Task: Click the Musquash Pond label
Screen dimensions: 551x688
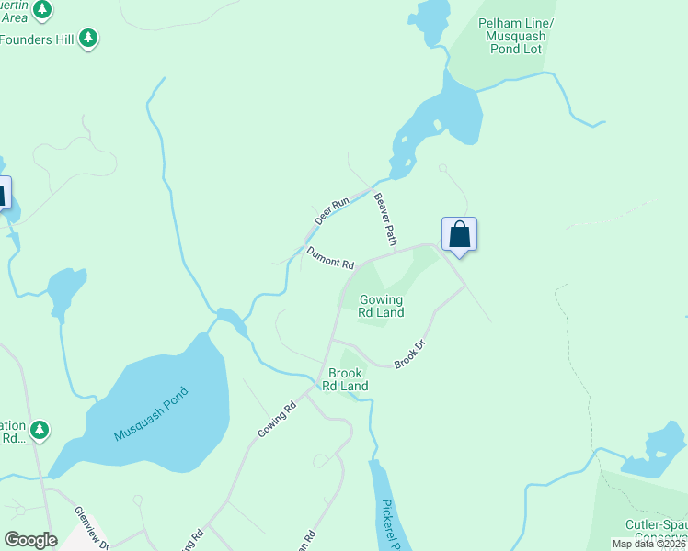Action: pyautogui.click(x=151, y=414)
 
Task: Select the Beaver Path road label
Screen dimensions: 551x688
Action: pyautogui.click(x=384, y=219)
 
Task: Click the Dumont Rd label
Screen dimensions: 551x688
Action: pyautogui.click(x=330, y=257)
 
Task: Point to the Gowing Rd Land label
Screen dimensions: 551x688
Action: pyautogui.click(x=382, y=306)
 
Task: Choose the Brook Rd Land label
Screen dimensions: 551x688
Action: pyautogui.click(x=345, y=380)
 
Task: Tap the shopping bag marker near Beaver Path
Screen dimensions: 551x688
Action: pyautogui.click(x=460, y=235)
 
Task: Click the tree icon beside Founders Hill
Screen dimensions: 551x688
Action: pyautogui.click(x=87, y=38)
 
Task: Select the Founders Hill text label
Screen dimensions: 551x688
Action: pyautogui.click(x=37, y=39)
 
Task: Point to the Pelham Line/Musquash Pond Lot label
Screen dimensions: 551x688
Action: pyautogui.click(x=512, y=36)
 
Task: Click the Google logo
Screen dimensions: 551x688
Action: pyautogui.click(x=30, y=540)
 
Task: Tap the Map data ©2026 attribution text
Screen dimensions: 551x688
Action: pyautogui.click(x=648, y=544)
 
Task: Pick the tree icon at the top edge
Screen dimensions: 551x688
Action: pyautogui.click(x=42, y=10)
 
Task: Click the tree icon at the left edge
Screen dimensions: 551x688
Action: pyautogui.click(x=39, y=430)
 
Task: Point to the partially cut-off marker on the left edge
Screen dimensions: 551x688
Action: pyautogui.click(x=4, y=194)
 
